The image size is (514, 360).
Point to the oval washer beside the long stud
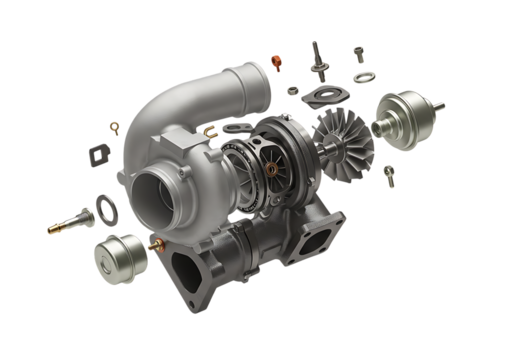click(102, 211)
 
